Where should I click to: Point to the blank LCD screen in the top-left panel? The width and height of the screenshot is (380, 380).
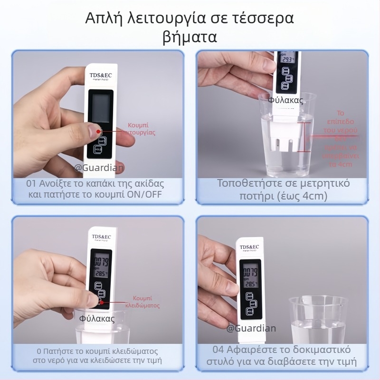pos(100,107)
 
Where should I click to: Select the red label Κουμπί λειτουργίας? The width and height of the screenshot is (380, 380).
pos(142,129)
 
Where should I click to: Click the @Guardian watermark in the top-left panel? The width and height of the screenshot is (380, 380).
pos(99,167)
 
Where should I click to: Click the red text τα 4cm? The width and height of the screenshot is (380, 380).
pos(340,164)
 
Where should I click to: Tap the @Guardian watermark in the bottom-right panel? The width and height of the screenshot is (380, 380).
pos(251,328)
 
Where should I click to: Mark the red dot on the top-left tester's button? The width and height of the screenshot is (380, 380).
pos(98,131)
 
